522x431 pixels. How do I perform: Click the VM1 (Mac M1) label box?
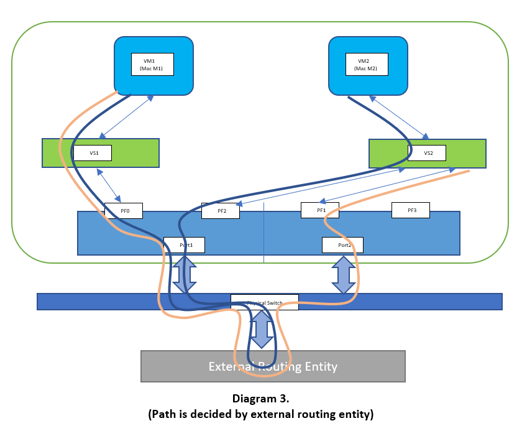click(152, 64)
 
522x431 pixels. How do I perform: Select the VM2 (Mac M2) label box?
click(367, 64)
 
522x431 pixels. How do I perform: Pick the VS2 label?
click(428, 152)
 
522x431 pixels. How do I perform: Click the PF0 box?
click(124, 211)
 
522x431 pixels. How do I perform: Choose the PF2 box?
click(221, 211)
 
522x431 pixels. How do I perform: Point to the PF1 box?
click(319, 210)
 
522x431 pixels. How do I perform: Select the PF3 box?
click(411, 210)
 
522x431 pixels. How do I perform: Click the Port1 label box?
click(184, 245)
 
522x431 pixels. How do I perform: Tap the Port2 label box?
click(342, 245)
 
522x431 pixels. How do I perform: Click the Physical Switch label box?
click(265, 302)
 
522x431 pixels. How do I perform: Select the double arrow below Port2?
click(343, 275)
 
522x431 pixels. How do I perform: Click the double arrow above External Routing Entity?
click(262, 329)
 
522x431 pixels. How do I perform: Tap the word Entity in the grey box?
click(321, 366)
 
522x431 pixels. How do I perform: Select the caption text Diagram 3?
click(261, 399)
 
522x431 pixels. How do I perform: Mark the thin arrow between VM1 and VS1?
click(127, 117)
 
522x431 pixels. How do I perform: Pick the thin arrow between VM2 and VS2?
click(398, 117)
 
